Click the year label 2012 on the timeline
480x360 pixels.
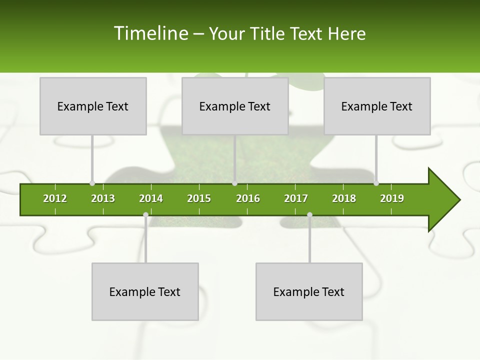coord(55,198)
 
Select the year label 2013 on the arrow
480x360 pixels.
coord(103,198)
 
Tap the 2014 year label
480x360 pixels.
coord(151,198)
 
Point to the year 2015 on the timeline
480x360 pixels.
coord(199,198)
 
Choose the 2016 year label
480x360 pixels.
coord(248,198)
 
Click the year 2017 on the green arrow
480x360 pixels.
coord(296,198)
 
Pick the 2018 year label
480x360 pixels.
coord(344,198)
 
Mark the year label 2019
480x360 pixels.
coord(392,198)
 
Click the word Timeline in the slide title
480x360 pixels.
coord(150,33)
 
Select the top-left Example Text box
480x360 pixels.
coord(93,106)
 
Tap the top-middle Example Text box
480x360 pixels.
coord(235,106)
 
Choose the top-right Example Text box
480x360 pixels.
coord(377,106)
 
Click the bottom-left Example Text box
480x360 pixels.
coord(145,291)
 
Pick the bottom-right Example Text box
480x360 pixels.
coord(309,291)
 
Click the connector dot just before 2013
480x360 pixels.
coord(92,183)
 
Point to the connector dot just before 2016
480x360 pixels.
coord(235,183)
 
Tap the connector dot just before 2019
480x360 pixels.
coord(376,183)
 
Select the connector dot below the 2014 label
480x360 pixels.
coord(145,215)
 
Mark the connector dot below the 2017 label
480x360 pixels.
coord(309,215)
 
